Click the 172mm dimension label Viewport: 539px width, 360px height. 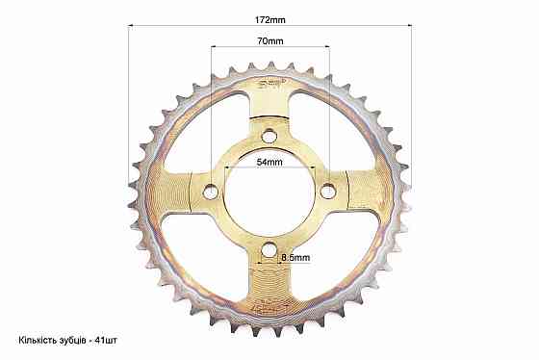[269, 20]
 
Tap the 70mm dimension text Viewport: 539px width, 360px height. [270, 41]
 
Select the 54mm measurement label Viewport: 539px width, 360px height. [269, 162]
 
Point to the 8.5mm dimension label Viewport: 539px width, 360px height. [295, 257]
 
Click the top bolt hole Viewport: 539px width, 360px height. [269, 136]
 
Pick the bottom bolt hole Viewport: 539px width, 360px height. [269, 249]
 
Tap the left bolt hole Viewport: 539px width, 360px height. [211, 192]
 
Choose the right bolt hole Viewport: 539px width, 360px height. [328, 192]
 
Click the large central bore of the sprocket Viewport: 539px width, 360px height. [269, 193]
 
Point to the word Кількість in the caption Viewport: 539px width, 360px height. [34, 341]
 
